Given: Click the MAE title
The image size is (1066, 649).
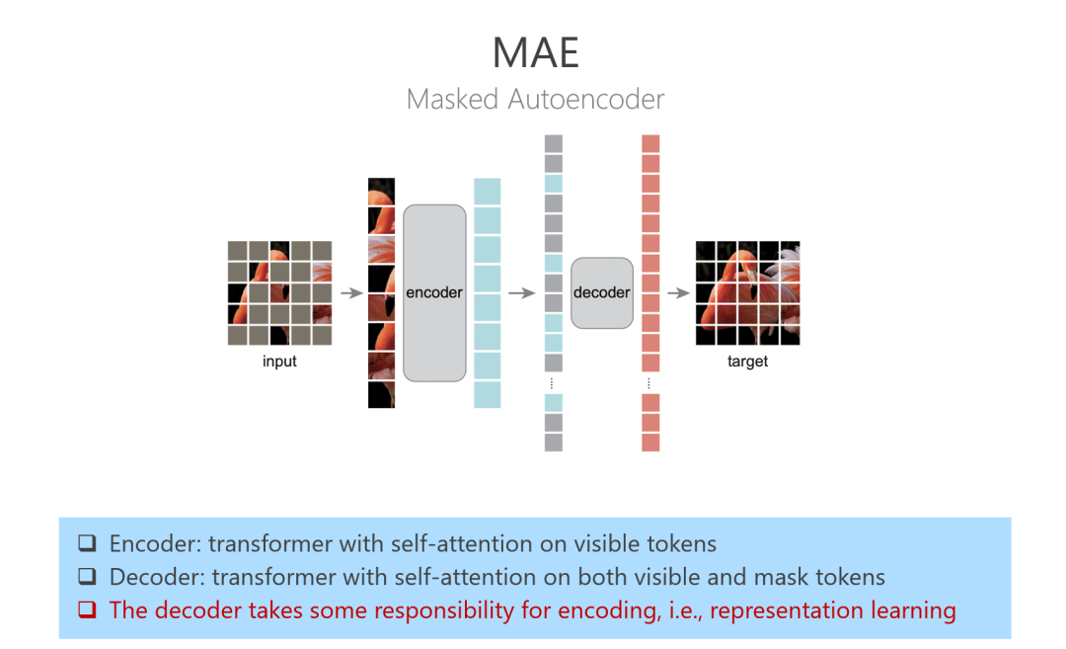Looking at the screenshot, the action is coord(535,53).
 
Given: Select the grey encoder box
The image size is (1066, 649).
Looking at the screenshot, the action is coord(434,292).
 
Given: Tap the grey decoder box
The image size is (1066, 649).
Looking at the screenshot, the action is coord(601,292).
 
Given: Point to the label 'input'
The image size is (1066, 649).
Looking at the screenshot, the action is coord(279,362).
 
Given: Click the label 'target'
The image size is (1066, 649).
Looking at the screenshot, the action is coord(747,362).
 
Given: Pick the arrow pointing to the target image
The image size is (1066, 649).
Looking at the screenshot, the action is coord(677,293).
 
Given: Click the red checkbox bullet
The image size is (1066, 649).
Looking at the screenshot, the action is coord(88,610).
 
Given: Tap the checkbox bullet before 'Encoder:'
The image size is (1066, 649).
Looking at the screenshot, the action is coord(88,543).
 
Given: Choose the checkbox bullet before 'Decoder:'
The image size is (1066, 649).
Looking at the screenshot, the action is coord(88,577).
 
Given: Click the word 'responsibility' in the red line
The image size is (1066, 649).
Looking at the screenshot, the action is coord(400,610).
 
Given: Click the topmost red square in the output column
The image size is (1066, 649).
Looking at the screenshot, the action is coord(650,144).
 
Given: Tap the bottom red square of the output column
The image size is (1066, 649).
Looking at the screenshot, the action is coord(650,443).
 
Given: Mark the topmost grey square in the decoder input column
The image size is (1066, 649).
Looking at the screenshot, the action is coord(553,144).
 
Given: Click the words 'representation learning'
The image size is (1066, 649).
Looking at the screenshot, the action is coord(832,610).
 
